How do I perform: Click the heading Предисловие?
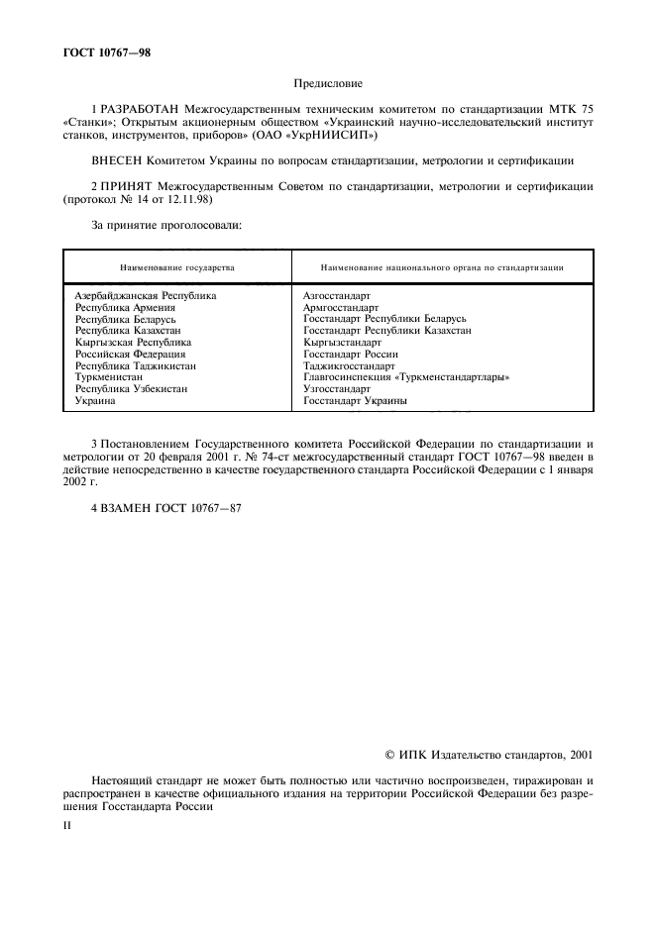point(328,85)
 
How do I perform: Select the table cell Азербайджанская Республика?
point(146,295)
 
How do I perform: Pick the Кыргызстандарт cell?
point(342,342)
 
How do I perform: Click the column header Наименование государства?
point(177,267)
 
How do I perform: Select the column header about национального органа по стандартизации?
point(443,267)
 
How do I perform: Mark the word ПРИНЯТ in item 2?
point(128,185)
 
